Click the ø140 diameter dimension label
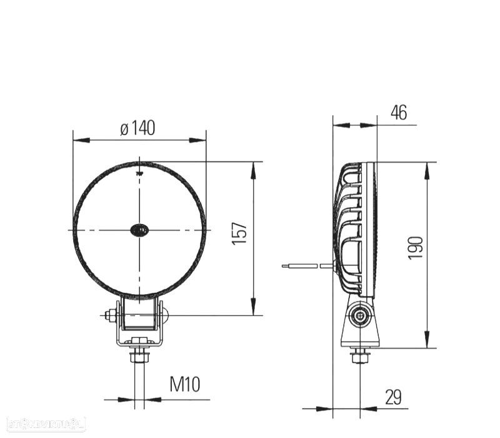(x=137, y=128)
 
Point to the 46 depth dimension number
(x=398, y=113)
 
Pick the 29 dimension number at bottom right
(x=393, y=397)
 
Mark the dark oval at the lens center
(x=139, y=230)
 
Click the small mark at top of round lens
(x=139, y=170)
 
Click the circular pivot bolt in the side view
(x=359, y=316)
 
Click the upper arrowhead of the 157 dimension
(x=253, y=167)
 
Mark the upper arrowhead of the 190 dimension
(x=427, y=167)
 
